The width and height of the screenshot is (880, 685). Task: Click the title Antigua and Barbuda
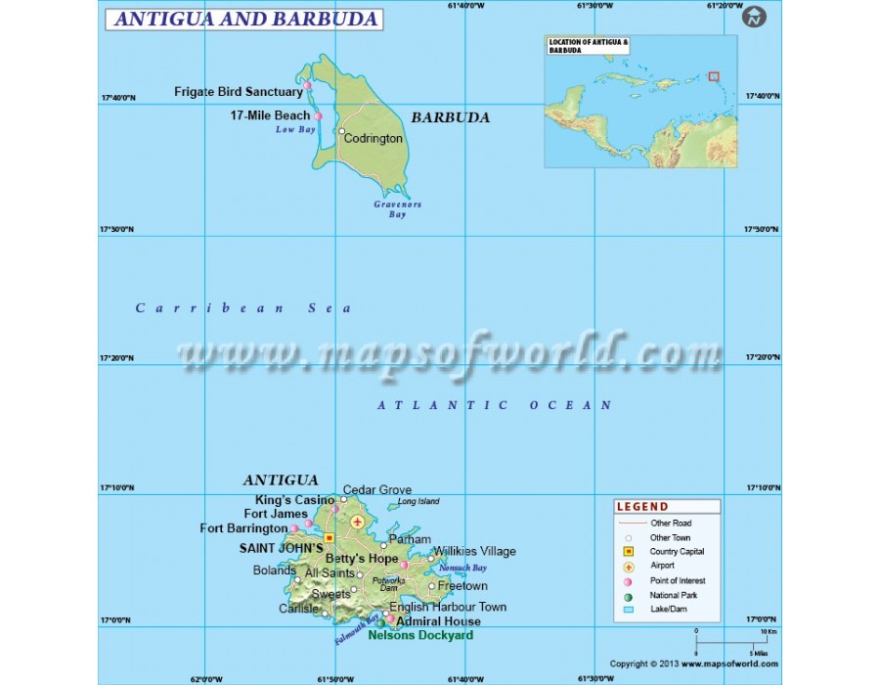[x=243, y=19]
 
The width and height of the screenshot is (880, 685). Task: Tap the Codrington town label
[x=373, y=139]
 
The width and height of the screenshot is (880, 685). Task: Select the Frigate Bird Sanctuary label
[x=239, y=92]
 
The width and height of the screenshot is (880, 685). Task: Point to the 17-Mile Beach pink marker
[x=318, y=116]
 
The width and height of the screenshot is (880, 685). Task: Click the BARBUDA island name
[x=450, y=117]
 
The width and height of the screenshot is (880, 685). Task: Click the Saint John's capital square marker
[x=330, y=537]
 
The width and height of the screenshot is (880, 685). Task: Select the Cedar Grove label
[x=377, y=490]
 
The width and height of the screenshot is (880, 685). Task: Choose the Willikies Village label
[x=474, y=552]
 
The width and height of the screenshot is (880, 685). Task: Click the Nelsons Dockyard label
[x=420, y=635]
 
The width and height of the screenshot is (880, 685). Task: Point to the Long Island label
[x=418, y=502]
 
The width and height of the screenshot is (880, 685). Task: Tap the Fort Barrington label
[x=243, y=528]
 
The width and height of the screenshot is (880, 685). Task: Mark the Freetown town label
[x=462, y=586]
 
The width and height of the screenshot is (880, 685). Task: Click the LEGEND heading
[x=642, y=507]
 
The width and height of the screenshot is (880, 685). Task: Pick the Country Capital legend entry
[x=678, y=552]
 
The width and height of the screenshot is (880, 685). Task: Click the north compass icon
[x=755, y=17]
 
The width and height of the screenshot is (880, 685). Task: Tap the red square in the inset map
[x=714, y=75]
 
